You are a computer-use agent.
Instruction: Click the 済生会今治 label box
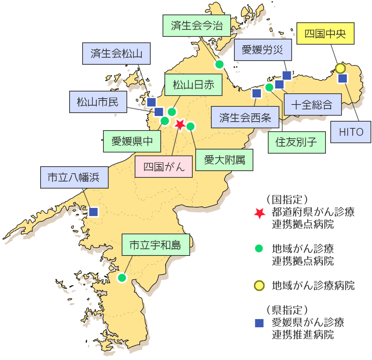click(197, 26)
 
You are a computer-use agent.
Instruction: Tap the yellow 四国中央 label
click(325, 34)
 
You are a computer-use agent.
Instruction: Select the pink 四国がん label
click(164, 167)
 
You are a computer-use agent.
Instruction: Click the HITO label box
click(351, 132)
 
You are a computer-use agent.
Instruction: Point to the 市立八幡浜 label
click(74, 177)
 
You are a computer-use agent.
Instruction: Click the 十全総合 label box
click(312, 105)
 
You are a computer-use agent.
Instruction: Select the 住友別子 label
click(296, 142)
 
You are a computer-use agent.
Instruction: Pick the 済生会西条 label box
click(244, 117)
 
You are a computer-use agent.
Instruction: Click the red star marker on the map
click(180, 125)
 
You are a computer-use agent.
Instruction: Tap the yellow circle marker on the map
click(340, 68)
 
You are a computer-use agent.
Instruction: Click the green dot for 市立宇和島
click(122, 277)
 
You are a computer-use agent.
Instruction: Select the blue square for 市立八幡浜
click(93, 212)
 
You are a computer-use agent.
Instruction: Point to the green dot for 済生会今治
click(219, 64)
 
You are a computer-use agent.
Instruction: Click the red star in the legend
click(259, 213)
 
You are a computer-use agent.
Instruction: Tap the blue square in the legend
click(259, 323)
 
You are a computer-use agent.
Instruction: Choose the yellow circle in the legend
click(259, 286)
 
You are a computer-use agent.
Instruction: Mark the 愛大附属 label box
click(224, 160)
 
